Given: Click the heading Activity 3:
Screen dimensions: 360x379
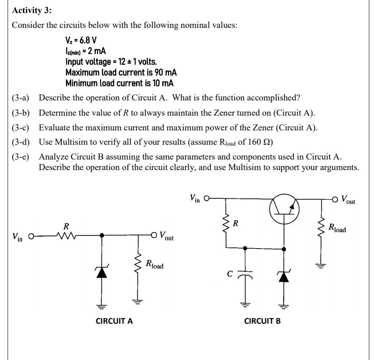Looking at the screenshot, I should (x=30, y=10).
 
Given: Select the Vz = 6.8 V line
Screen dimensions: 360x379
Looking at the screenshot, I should (x=81, y=41).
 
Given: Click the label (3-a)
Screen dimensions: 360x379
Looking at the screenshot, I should (x=21, y=98).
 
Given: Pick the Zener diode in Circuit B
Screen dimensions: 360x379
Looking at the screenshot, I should (x=284, y=276).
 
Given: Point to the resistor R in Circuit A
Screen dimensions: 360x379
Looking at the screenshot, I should (x=66, y=235).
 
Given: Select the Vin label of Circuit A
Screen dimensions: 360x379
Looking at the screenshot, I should (x=18, y=238).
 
